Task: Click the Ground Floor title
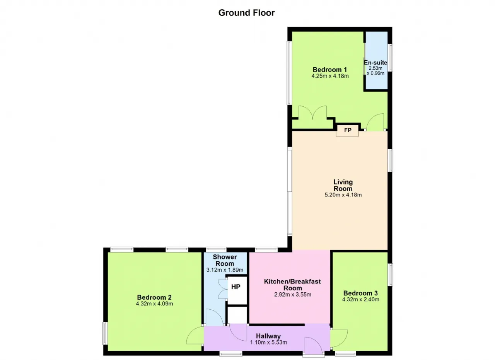(246, 13)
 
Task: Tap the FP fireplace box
(347, 131)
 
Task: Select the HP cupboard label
(236, 287)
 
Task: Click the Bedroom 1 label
(330, 70)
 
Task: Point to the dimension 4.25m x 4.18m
(330, 76)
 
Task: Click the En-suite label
(376, 63)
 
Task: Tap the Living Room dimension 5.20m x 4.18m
(343, 195)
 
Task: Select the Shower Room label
(225, 260)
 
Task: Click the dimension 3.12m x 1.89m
(225, 270)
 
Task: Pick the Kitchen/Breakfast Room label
(292, 285)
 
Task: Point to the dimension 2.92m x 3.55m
(293, 295)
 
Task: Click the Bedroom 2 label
(154, 297)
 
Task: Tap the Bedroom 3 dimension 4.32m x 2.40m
(361, 300)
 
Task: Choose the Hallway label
(268, 336)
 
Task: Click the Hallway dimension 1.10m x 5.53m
(268, 343)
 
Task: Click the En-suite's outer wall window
(391, 58)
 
